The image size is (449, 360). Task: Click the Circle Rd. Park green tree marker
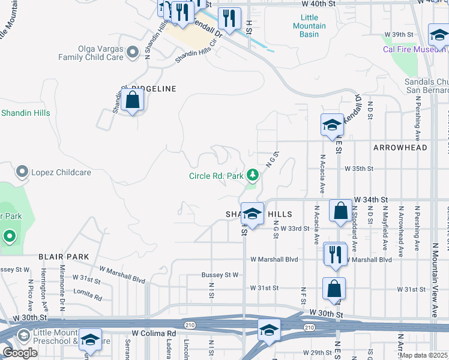(253, 175)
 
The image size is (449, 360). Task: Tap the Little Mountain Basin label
(310, 26)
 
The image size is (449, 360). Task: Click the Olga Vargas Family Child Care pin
(133, 53)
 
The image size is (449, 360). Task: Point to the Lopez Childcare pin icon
(22, 172)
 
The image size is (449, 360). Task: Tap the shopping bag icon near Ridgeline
(133, 100)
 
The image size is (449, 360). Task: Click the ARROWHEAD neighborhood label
(400, 148)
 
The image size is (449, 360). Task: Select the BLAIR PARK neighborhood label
(64, 257)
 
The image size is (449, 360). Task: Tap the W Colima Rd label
(154, 334)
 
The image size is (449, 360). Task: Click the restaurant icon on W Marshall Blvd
(335, 254)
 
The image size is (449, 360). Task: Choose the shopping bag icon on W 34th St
(340, 211)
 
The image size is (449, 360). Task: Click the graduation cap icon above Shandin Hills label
(253, 214)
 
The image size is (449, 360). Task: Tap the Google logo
(20, 353)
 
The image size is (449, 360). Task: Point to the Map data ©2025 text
(423, 355)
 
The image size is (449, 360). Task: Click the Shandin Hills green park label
(25, 113)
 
